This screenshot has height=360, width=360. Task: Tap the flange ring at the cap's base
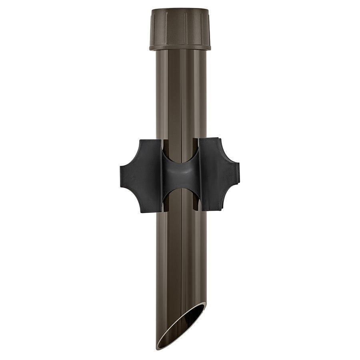(x=180, y=48)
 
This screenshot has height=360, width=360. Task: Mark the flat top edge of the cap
(x=180, y=9)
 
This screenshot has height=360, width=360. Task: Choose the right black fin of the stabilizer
(x=219, y=174)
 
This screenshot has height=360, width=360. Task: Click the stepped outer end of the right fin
(x=238, y=174)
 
